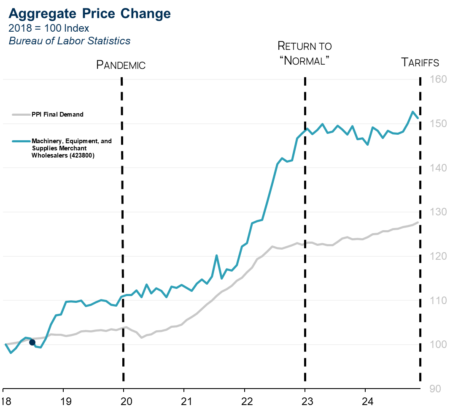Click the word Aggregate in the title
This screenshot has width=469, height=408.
42,14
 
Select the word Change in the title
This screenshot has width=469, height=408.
146,14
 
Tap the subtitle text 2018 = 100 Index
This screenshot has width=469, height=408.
49,28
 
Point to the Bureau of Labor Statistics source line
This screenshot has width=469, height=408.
70,41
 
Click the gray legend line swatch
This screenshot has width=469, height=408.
21,114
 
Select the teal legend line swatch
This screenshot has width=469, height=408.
21,141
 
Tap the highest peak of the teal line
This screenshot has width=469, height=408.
412,112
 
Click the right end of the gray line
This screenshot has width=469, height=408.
418,222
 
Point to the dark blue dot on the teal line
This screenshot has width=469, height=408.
32,342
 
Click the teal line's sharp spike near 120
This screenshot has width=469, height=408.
216,255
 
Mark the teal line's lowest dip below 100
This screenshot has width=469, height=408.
11,352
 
